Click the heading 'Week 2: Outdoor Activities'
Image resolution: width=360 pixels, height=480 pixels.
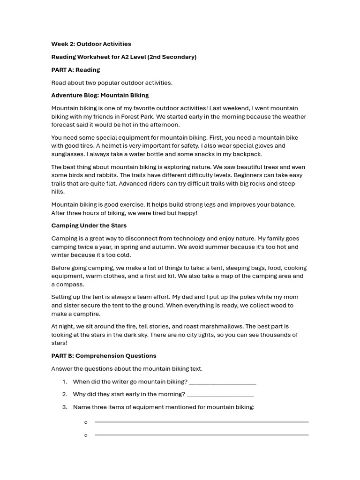click(91, 44)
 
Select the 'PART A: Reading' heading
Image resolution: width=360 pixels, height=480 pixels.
click(75, 70)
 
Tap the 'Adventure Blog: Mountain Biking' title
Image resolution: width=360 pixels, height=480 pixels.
click(100, 95)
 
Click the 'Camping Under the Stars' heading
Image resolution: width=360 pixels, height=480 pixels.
click(89, 225)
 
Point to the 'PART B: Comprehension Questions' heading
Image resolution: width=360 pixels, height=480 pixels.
click(104, 356)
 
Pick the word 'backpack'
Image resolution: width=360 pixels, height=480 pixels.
click(247, 154)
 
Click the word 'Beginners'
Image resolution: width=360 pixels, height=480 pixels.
click(252, 175)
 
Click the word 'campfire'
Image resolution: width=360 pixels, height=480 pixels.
click(85, 314)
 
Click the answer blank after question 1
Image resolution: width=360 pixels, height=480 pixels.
click(223, 382)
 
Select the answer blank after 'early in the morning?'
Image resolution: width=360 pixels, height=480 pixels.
click(220, 395)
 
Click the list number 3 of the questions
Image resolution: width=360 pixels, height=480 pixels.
click(65, 407)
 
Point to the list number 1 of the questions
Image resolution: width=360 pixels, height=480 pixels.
click(65, 382)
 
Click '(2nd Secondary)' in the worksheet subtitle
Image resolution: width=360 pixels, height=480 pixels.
click(172, 57)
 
